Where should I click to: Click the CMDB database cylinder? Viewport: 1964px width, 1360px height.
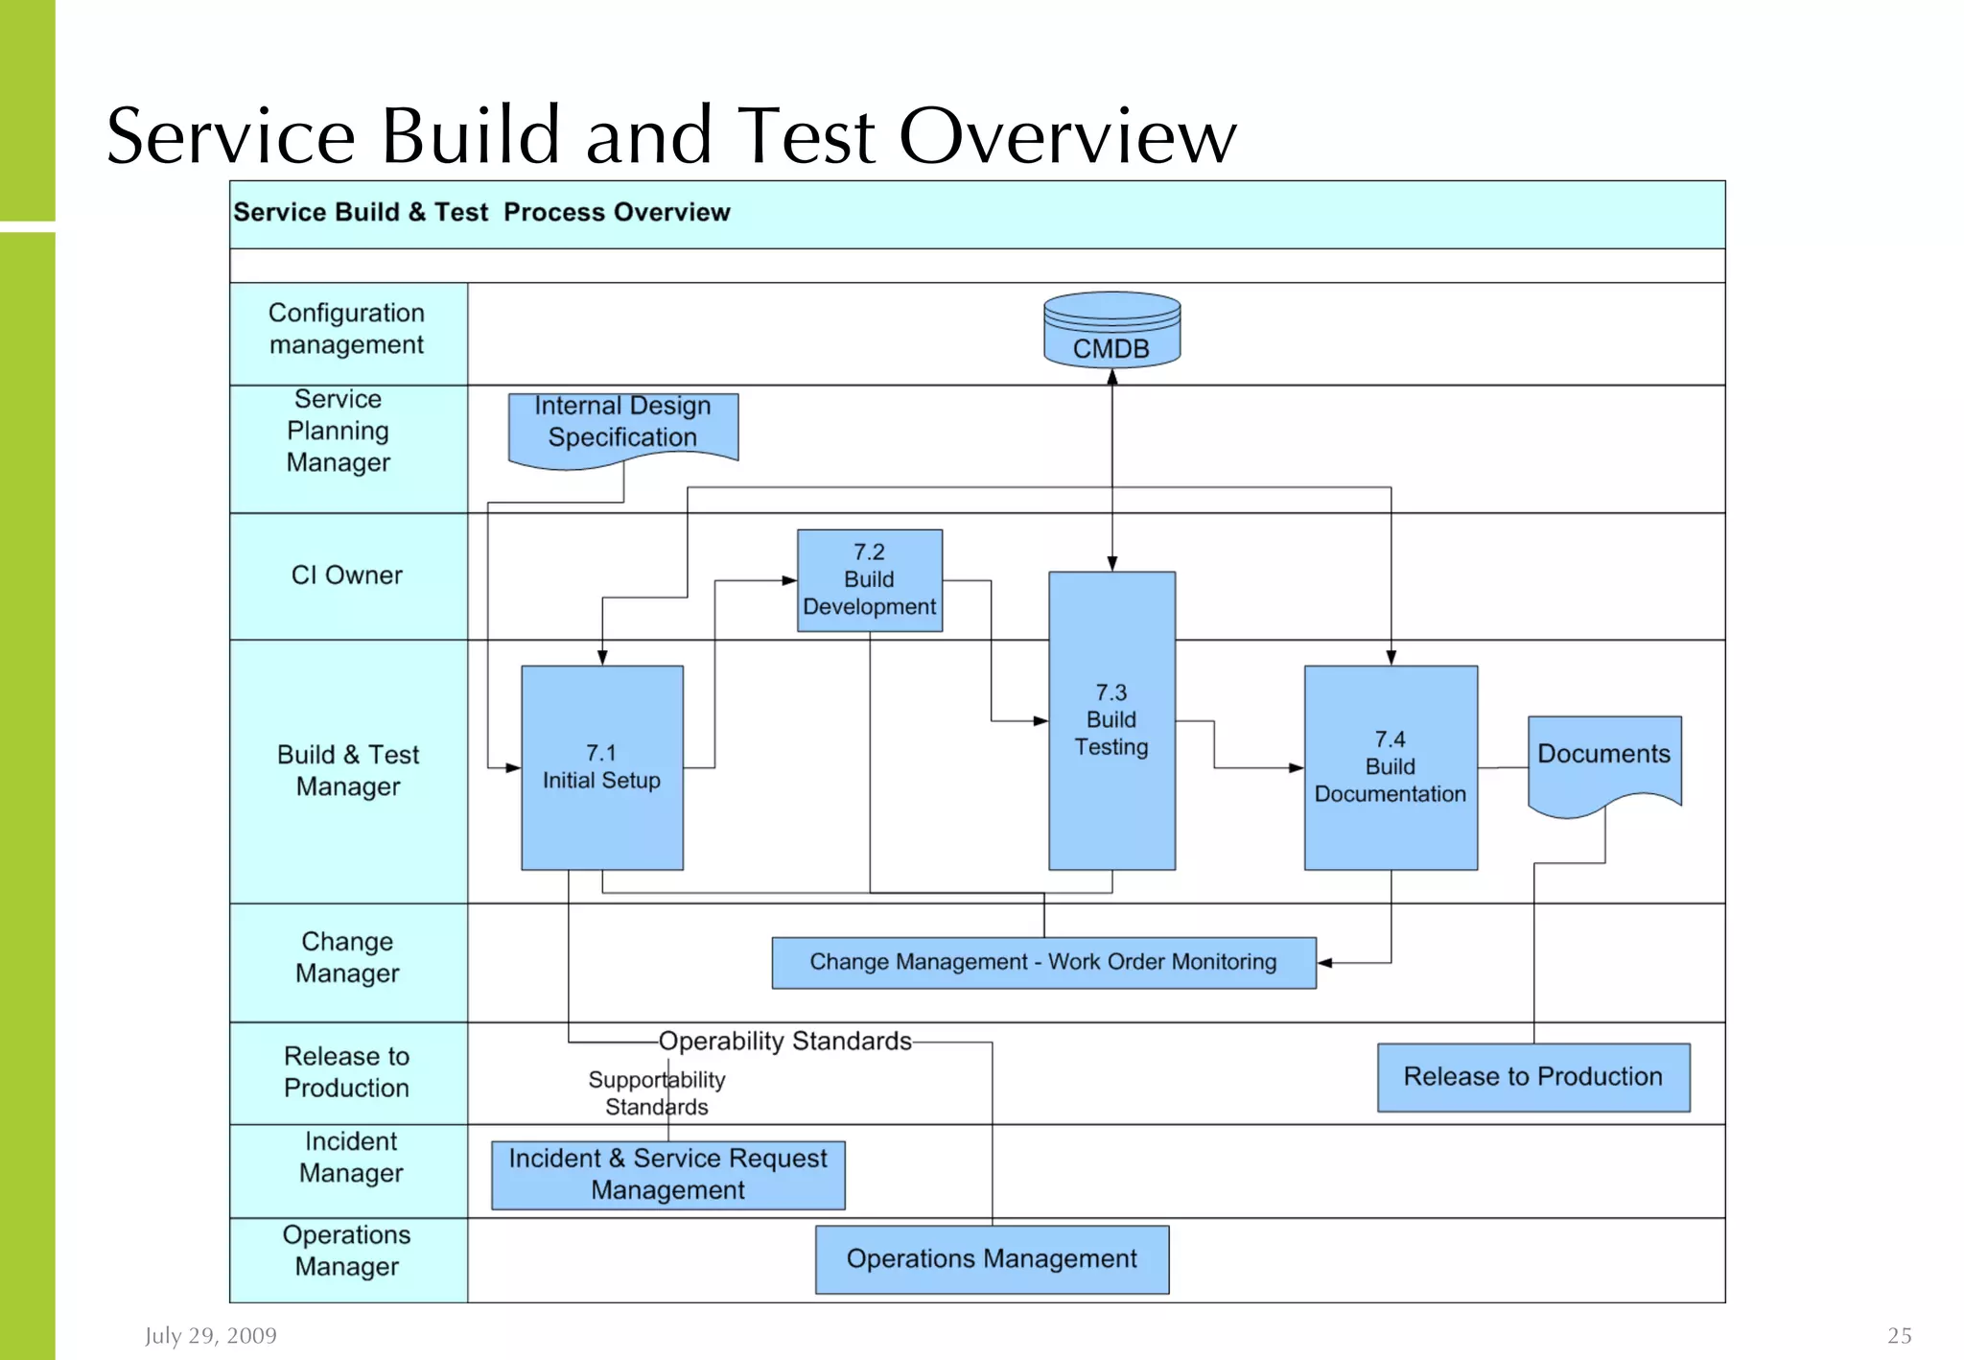pyautogui.click(x=1111, y=331)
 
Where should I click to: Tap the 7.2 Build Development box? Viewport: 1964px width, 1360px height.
pyautogui.click(x=870, y=580)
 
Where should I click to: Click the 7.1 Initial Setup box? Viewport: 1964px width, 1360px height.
pyautogui.click(x=602, y=767)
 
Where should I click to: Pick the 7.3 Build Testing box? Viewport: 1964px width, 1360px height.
pyautogui.click(x=1111, y=720)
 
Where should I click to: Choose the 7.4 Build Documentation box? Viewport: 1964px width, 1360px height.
pyautogui.click(x=1390, y=767)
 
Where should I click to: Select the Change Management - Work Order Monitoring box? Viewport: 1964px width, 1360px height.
pyautogui.click(x=1043, y=962)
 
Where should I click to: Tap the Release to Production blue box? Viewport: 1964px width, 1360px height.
pyautogui.click(x=1532, y=1077)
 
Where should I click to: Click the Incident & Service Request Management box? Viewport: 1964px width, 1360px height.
pyautogui.click(x=667, y=1175)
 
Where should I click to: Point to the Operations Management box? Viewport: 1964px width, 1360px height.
pyautogui.click(x=992, y=1259)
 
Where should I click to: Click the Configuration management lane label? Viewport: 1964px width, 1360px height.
pyautogui.click(x=347, y=329)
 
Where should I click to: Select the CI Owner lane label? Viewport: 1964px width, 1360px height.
pyautogui.click(x=347, y=575)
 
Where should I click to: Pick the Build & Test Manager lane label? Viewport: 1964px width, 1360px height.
pyautogui.click(x=348, y=771)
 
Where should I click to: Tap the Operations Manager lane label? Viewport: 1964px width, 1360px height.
pyautogui.click(x=347, y=1251)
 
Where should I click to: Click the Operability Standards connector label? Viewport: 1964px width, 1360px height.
pyautogui.click(x=784, y=1042)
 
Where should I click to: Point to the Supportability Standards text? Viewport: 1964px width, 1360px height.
pyautogui.click(x=657, y=1093)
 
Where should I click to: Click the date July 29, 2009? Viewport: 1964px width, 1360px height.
pyautogui.click(x=211, y=1336)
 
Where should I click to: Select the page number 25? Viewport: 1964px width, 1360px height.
pyautogui.click(x=1899, y=1336)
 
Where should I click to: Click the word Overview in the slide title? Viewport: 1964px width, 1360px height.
pyautogui.click(x=1067, y=136)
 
